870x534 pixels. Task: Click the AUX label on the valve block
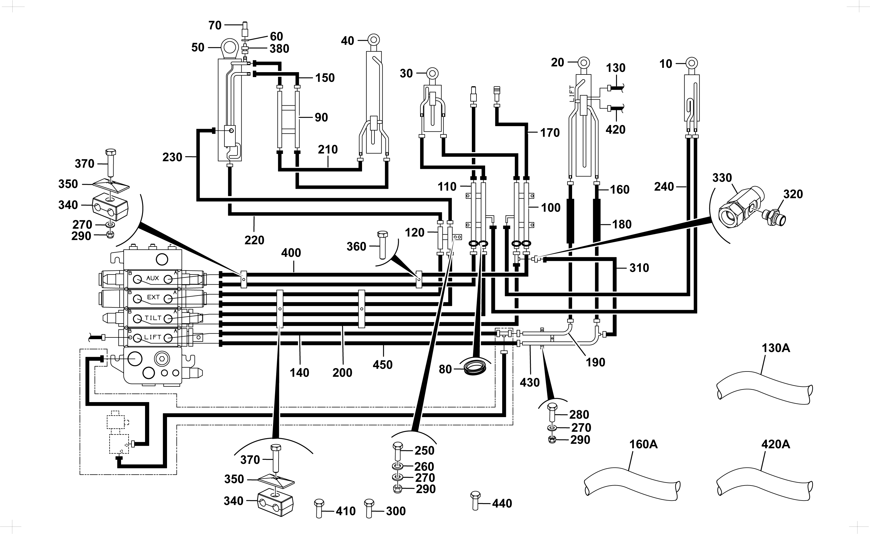153,278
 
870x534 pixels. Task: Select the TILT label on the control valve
153,318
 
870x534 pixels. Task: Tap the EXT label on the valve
153,297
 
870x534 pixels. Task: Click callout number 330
722,178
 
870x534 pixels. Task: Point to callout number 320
793,194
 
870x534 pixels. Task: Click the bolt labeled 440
476,500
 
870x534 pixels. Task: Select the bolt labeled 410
319,508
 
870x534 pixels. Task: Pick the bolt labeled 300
369,508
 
